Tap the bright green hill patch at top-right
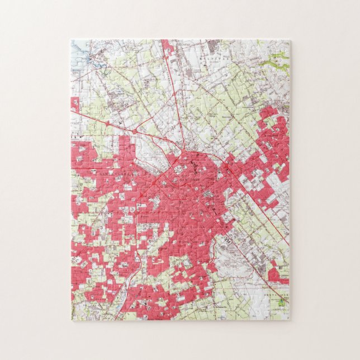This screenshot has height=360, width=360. point(278,57)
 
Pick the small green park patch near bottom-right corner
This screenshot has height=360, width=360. point(282,301)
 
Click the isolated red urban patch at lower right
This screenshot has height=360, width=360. point(277,275)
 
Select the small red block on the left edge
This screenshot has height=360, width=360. point(75,105)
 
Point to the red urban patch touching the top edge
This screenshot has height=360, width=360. point(167,47)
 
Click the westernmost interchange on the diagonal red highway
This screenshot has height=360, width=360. point(135,130)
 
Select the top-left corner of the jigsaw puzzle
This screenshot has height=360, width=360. point(71,40)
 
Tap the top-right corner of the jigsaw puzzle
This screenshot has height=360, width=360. point(290,40)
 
